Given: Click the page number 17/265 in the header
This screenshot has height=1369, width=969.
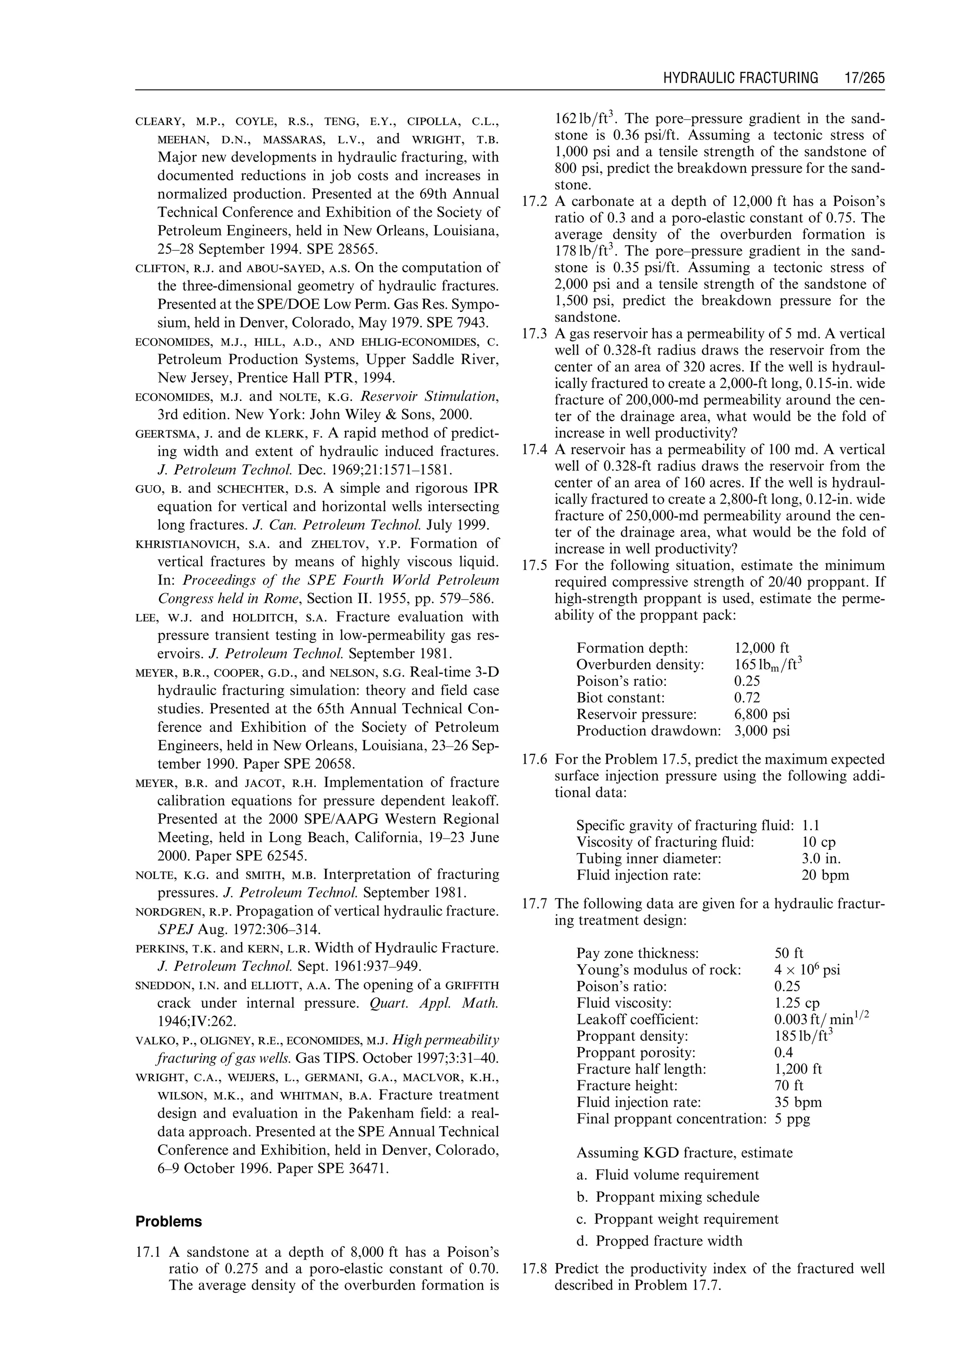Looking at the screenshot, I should tap(864, 78).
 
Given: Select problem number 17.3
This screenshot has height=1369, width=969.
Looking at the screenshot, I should tap(535, 334).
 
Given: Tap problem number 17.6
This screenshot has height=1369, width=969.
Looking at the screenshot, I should tap(535, 759).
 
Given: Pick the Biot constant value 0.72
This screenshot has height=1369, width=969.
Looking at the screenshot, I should tap(747, 697).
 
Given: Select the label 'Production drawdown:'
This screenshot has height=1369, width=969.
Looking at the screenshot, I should tap(649, 731).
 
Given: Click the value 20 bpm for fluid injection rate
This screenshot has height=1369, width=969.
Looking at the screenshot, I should tap(825, 875).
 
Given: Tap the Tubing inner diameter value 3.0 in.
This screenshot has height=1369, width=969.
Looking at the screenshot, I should tap(821, 859).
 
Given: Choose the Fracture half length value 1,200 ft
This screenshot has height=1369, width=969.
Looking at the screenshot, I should tap(798, 1069).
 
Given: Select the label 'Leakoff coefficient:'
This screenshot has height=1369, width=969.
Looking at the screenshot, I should tap(637, 1019).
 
